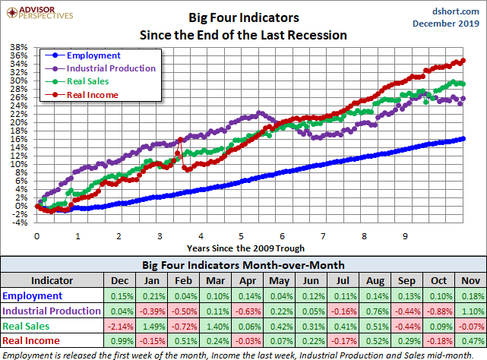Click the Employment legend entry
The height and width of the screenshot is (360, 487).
93,55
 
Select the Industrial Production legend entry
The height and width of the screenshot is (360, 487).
111,68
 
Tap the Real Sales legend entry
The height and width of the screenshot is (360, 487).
87,81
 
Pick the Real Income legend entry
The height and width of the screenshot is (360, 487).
92,94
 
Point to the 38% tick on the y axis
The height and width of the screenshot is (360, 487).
19,48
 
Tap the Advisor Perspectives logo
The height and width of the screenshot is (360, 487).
37,11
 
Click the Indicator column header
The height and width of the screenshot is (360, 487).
52,280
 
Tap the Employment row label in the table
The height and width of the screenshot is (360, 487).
33,295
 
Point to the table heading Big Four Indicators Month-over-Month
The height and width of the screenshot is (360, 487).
243,266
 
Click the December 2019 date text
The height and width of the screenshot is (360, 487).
447,24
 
